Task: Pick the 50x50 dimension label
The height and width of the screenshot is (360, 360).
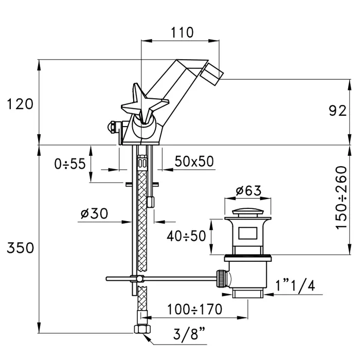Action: click(x=194, y=161)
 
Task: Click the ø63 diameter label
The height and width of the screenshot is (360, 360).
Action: click(x=248, y=191)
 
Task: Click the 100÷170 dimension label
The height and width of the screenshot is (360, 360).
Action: click(x=194, y=310)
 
